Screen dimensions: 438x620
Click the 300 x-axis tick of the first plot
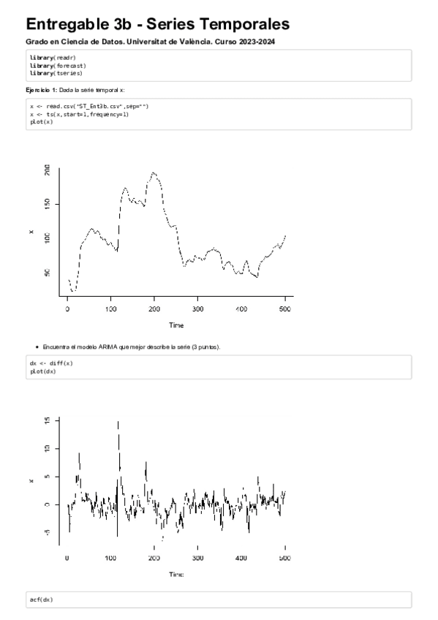pyautogui.click(x=198, y=309)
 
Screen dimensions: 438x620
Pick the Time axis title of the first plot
pyautogui.click(x=176, y=325)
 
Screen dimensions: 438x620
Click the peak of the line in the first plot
pyautogui.click(x=154, y=173)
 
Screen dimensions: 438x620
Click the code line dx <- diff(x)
pyautogui.click(x=51, y=363)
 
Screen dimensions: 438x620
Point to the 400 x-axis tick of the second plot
pyautogui.click(x=241, y=559)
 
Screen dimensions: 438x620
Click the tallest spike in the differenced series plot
pyautogui.click(x=118, y=422)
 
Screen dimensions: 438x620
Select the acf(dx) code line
pyautogui.click(x=41, y=600)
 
